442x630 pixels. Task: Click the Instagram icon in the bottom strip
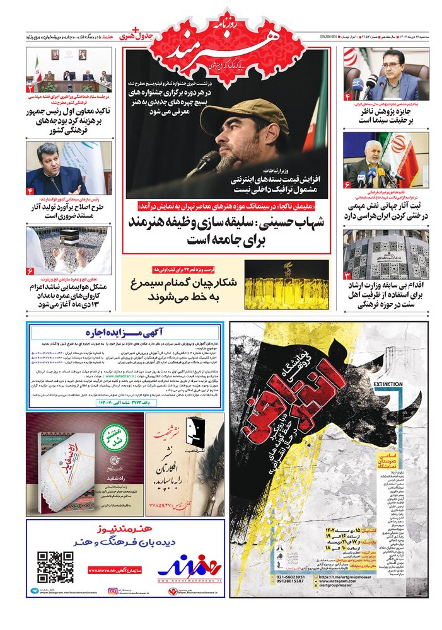[x=113, y=591]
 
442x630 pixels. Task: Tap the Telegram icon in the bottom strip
[x=33, y=591]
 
